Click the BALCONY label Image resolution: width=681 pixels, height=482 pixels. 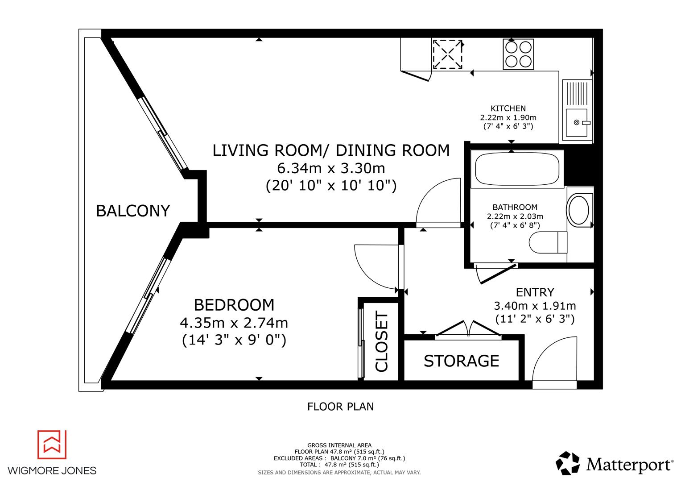click(133, 211)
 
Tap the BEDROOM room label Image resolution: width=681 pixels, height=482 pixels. click(234, 305)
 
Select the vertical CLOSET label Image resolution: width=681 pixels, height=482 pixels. click(382, 342)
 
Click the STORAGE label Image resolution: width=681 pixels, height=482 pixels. click(461, 361)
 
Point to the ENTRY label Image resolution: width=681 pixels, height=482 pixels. click(535, 292)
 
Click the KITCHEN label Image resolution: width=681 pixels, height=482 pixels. click(508, 108)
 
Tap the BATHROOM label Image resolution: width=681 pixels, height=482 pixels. click(515, 208)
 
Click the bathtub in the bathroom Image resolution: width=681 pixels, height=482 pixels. click(515, 169)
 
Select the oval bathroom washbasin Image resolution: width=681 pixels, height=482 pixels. click(578, 209)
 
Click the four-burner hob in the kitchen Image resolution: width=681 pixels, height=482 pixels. click(518, 54)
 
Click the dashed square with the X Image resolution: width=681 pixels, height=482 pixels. click(447, 54)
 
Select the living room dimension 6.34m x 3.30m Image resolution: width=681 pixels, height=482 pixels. click(331, 169)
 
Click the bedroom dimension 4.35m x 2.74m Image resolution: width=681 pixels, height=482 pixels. click(234, 323)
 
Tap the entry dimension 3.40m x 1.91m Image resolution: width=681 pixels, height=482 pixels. click(535, 306)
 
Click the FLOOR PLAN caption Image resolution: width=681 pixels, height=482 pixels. click(340, 407)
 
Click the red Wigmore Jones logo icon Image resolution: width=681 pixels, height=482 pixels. click(52, 445)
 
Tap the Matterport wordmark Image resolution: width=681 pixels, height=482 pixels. click(629, 465)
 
